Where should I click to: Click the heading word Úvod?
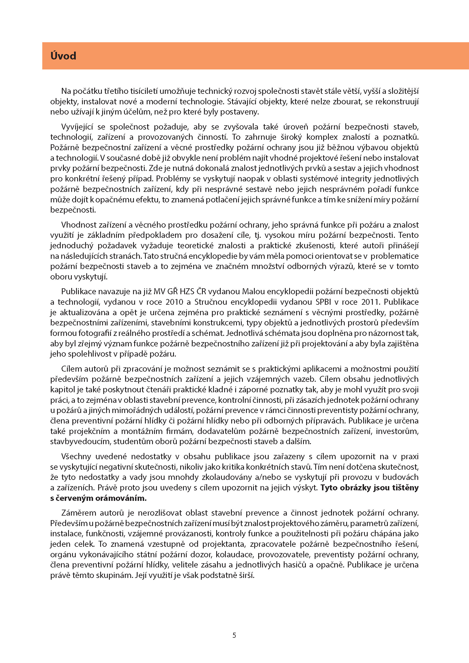click(x=63, y=56)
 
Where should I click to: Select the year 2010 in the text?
click(x=174, y=302)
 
